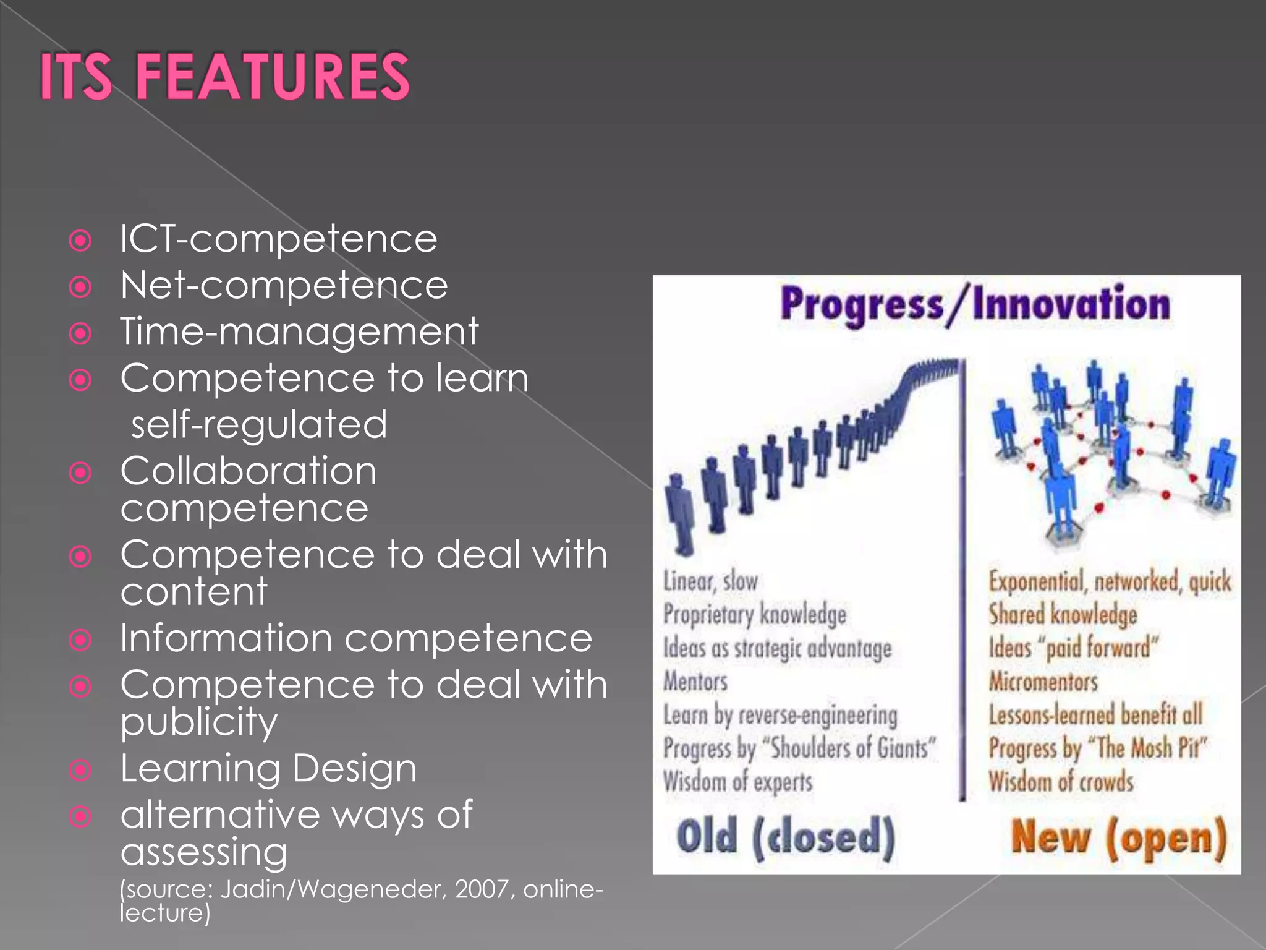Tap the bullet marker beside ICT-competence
(x=80, y=241)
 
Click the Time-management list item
(x=299, y=332)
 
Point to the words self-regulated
(x=259, y=425)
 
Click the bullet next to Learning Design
(x=80, y=770)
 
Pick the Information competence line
(x=356, y=638)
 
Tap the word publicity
(x=198, y=722)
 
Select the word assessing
(x=204, y=852)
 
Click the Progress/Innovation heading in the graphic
(x=975, y=304)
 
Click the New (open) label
(x=1118, y=838)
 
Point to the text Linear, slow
(x=710, y=581)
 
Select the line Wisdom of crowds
(x=1061, y=782)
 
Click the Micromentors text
(x=1043, y=682)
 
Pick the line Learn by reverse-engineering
(x=780, y=715)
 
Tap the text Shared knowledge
(x=1062, y=614)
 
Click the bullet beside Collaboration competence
(x=80, y=474)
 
